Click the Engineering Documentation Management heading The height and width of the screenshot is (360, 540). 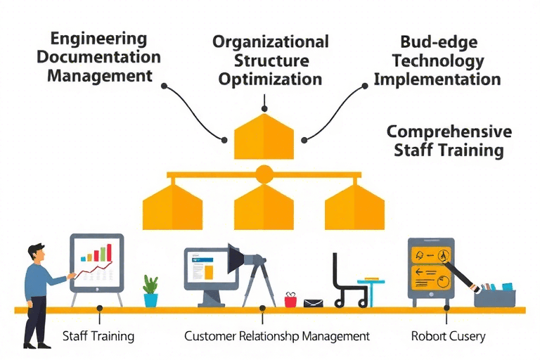(104, 56)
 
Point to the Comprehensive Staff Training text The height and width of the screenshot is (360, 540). (449, 141)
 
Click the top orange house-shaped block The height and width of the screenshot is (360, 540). (264, 137)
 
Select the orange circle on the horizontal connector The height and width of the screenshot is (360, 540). (264, 174)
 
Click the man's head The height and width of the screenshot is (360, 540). (37, 253)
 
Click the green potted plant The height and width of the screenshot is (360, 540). (150, 290)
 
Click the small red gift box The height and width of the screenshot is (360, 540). (290, 300)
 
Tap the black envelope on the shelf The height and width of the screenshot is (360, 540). (313, 303)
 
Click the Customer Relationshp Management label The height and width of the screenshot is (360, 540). (276, 336)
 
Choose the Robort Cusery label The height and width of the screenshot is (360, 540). (448, 336)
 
